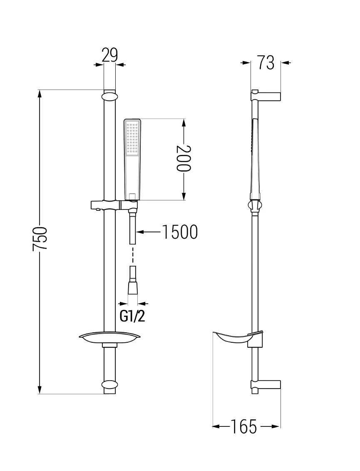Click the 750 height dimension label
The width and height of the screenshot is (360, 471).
tap(40, 239)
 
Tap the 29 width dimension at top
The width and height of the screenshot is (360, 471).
tap(109, 55)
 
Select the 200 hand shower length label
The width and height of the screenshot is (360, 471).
tap(183, 158)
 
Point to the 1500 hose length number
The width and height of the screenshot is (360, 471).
tap(180, 232)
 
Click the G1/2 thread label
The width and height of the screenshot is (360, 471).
tap(132, 316)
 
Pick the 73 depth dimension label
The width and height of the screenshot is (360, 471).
tap(266, 63)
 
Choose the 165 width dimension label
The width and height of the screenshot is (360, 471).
tap(244, 426)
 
